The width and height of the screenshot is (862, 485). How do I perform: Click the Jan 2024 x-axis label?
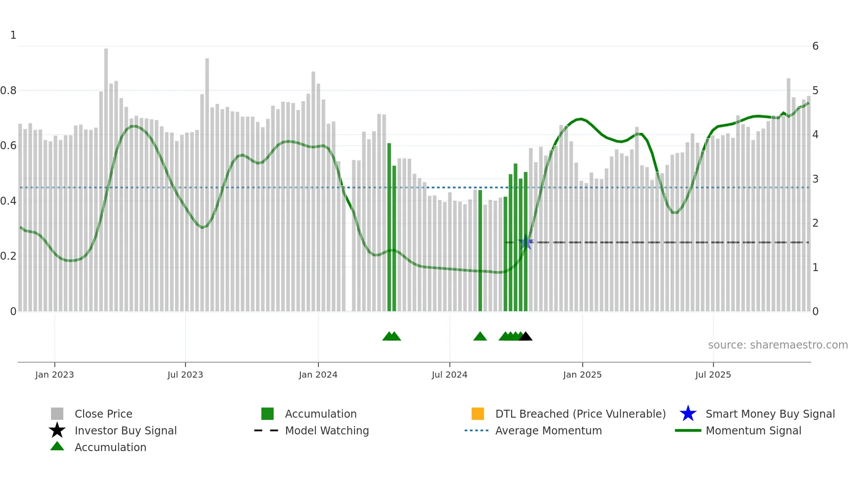pyautogui.click(x=318, y=375)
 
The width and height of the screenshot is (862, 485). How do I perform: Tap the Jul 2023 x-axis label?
pyautogui.click(x=185, y=375)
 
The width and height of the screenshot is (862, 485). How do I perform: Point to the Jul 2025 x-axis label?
pyautogui.click(x=713, y=375)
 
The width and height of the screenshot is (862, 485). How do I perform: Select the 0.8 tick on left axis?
pyautogui.click(x=8, y=91)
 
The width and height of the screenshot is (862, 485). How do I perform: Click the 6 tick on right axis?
pyautogui.click(x=815, y=46)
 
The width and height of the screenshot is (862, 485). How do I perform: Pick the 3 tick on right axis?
pyautogui.click(x=815, y=179)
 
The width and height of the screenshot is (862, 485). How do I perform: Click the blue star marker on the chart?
pyautogui.click(x=526, y=242)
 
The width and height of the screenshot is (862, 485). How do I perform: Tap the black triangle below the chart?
pyautogui.click(x=526, y=337)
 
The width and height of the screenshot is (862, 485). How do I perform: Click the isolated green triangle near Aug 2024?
pyautogui.click(x=480, y=337)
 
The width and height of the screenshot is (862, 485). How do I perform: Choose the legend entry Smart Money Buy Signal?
pyautogui.click(x=770, y=414)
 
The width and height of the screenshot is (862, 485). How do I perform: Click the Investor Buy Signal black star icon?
pyautogui.click(x=57, y=430)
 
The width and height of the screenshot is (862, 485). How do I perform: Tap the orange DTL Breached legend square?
pyautogui.click(x=478, y=414)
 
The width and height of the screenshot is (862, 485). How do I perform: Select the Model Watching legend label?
pyautogui.click(x=327, y=431)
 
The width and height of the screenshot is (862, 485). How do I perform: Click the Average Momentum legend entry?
pyautogui.click(x=548, y=431)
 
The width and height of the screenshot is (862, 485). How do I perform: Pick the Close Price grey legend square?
pyautogui.click(x=57, y=414)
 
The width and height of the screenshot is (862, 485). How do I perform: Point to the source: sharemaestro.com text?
pyautogui.click(x=778, y=345)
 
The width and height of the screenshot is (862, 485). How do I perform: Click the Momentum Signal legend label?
pyautogui.click(x=753, y=431)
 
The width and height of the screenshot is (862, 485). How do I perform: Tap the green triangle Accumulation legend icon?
pyautogui.click(x=57, y=447)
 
